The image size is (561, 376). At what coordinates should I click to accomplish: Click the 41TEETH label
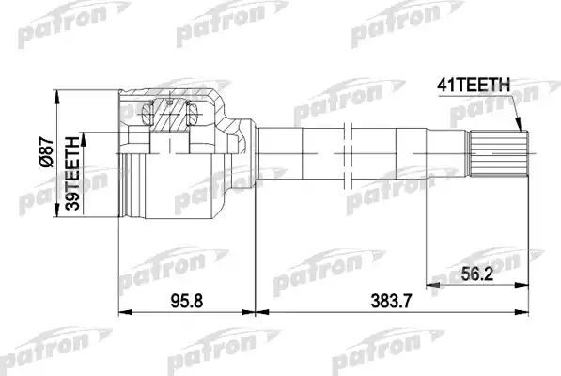pos(474,85)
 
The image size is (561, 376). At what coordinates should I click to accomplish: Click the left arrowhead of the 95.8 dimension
pos(123,312)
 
